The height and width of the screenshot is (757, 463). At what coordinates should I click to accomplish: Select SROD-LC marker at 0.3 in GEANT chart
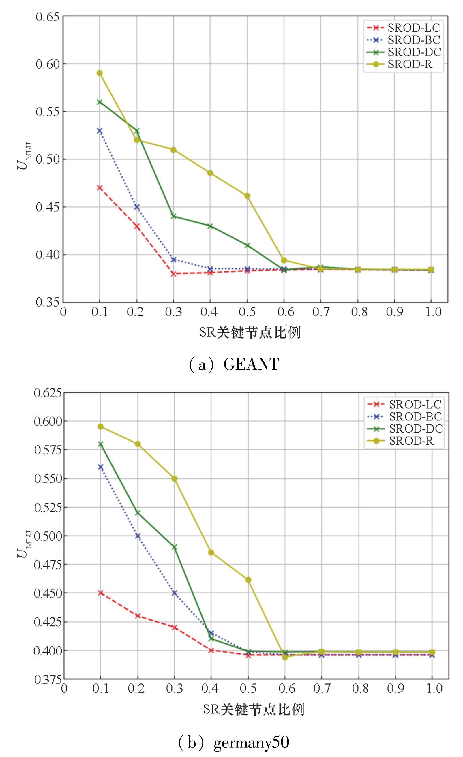coord(173,274)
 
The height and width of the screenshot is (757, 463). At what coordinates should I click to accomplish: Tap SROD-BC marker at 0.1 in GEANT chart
coord(100,131)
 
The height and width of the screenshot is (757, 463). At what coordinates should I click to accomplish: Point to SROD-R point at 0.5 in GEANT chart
coord(247,196)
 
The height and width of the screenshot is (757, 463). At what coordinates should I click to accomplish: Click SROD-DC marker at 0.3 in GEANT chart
coord(173,216)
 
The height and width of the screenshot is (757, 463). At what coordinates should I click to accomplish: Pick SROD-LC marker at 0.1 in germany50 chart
coord(100,592)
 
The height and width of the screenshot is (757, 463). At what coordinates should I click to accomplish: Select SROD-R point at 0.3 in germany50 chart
coord(175,479)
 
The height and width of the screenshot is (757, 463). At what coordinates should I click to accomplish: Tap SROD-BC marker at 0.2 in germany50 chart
coord(138,536)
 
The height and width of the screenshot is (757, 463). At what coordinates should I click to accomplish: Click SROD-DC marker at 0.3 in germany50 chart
coord(175,547)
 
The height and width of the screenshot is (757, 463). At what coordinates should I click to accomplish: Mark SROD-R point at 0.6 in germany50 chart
coord(285,657)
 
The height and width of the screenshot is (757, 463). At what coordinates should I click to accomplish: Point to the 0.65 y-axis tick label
coord(47,16)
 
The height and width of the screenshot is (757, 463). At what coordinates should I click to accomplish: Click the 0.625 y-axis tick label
coord(48,393)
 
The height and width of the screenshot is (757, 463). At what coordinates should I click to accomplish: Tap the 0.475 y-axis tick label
coord(48,564)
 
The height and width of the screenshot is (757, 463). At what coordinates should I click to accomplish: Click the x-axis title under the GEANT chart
coord(250,333)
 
